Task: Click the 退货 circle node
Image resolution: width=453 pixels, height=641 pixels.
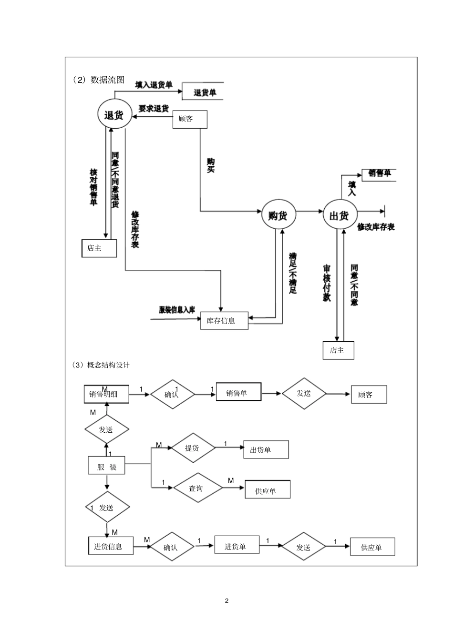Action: pos(114,114)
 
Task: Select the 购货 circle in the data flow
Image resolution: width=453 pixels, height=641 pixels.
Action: pos(278,215)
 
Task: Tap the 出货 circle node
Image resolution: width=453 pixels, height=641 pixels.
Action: pos(340,215)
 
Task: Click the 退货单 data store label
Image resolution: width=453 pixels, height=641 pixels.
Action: pos(205,92)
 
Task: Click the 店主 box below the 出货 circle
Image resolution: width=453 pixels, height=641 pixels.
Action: pos(338,350)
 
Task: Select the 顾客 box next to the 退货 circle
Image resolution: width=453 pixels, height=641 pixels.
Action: pos(189,119)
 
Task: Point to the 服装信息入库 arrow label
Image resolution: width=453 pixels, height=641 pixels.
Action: pos(177,310)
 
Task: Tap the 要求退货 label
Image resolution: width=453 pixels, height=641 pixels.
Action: pos(154,109)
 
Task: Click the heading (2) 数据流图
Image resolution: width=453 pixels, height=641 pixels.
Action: pos(99,80)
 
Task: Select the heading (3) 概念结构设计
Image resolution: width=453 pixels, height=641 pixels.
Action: pos(101,365)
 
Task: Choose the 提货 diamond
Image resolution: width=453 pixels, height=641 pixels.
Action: pos(192,448)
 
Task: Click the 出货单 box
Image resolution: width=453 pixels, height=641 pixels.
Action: pos(266,449)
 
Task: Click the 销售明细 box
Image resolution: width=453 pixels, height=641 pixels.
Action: pos(106,394)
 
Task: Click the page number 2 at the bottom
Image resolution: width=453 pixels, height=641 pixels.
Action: pos(226,600)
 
